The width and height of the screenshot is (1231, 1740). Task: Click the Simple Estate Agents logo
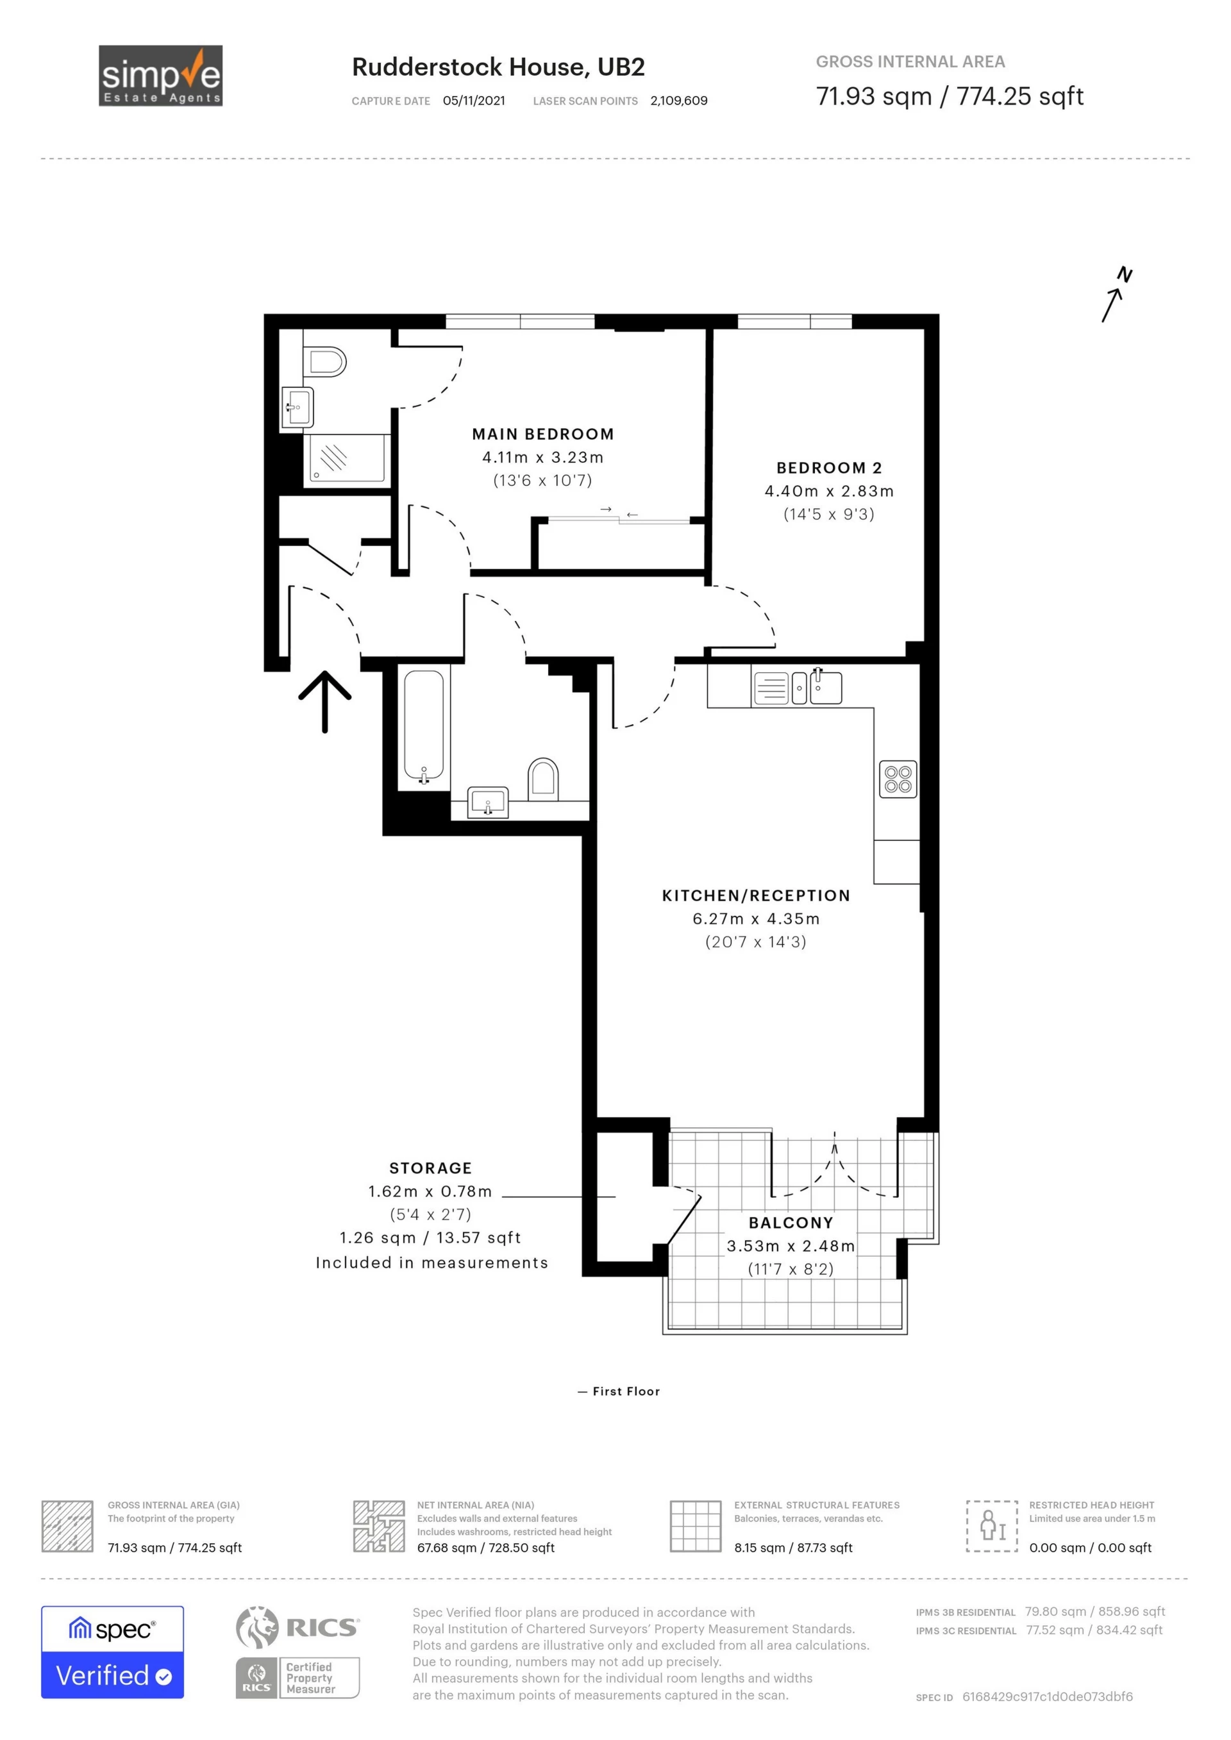coord(161,76)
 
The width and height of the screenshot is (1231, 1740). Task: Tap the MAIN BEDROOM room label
coord(543,435)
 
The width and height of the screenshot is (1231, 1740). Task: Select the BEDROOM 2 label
coord(829,468)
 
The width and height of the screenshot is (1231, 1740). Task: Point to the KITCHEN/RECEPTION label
coord(756,896)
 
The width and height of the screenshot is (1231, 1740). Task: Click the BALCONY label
coord(791,1223)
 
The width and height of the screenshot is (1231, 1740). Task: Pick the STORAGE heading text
coord(431,1168)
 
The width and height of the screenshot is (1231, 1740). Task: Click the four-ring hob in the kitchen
coord(898,779)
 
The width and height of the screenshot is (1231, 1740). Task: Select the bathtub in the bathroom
coord(424,726)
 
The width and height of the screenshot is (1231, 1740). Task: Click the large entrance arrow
coord(324,702)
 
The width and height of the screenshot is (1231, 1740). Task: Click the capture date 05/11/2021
coord(474,101)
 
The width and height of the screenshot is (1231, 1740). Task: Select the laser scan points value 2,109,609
coord(678,101)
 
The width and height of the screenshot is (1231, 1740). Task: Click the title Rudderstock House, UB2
coord(498,67)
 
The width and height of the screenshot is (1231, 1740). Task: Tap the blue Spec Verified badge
coord(112,1652)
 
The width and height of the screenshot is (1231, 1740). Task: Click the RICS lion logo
coord(258,1627)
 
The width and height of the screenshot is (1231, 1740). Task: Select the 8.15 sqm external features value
coord(793,1548)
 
